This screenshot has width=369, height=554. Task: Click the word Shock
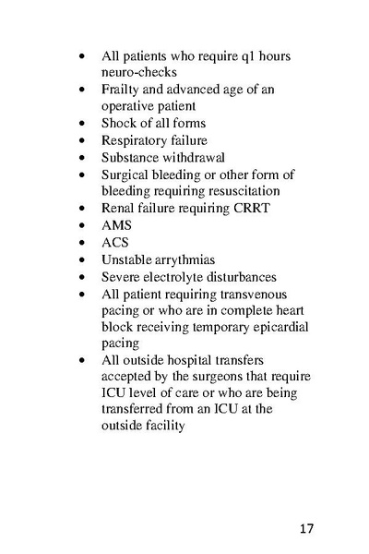coord(119,124)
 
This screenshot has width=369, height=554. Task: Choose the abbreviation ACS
coord(115,242)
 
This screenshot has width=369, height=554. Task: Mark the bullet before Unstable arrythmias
coord(84,259)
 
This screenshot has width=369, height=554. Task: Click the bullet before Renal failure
coord(84,209)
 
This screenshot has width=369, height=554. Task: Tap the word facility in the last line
coord(164,428)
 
